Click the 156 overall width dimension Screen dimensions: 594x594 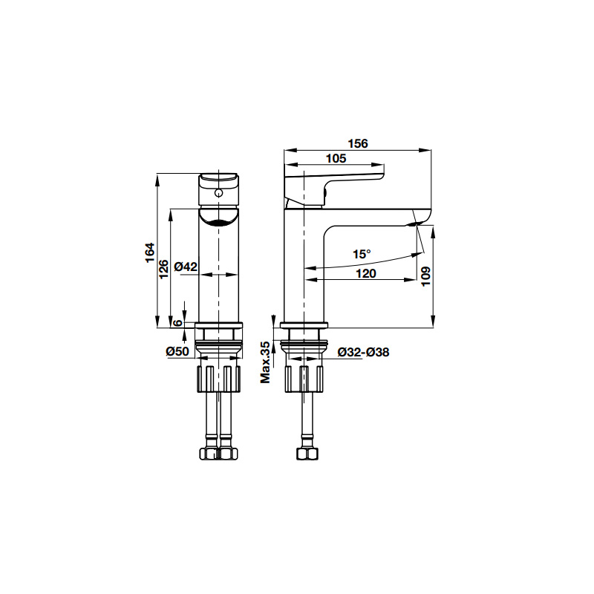358,143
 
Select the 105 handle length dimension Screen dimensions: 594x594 336,158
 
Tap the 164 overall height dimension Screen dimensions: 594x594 151,252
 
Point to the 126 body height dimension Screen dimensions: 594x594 163,269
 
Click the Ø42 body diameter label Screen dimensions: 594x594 186,267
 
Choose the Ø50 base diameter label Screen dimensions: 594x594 177,351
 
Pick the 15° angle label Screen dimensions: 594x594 362,254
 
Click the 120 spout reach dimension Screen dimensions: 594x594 366,273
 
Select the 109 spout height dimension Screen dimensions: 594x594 426,276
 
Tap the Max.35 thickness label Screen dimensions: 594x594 266,362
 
